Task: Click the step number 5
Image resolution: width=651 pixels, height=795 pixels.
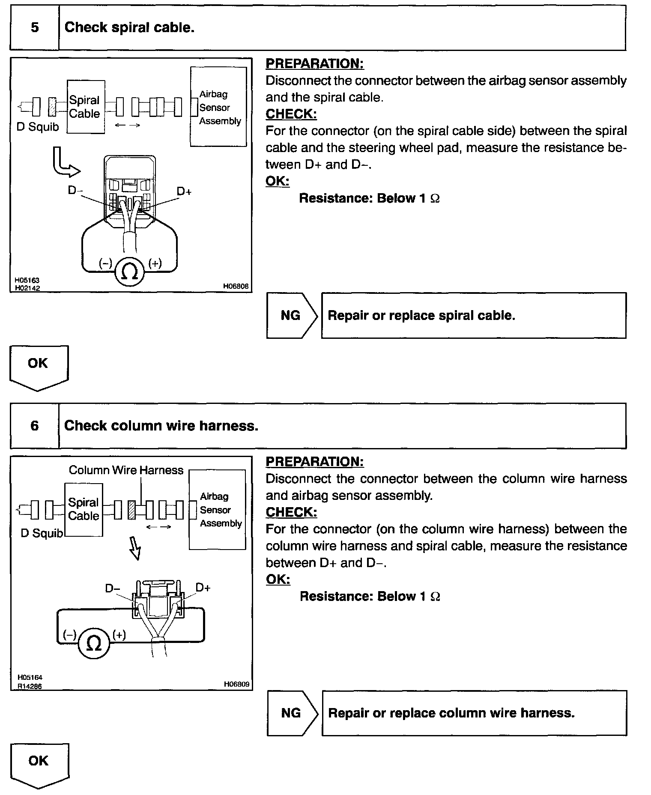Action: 35,27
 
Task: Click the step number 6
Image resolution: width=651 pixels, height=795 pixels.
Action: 35,425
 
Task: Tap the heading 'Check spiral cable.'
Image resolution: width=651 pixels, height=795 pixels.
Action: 129,27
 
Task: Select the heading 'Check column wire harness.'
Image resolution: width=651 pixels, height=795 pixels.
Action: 161,425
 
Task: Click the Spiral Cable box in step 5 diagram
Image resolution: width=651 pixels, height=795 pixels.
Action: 86,107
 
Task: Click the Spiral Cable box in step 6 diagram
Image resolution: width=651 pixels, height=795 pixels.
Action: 84,509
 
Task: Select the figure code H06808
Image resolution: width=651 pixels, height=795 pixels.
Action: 236,286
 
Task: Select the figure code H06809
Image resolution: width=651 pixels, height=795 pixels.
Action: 236,684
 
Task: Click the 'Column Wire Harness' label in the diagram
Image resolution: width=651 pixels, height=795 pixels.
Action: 126,470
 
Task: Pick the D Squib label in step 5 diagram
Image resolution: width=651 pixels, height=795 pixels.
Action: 37,127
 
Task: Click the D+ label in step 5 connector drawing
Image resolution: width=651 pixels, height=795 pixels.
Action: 184,191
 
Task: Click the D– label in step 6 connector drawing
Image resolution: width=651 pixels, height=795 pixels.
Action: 113,589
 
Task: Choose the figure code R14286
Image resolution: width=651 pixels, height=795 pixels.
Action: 29,686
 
